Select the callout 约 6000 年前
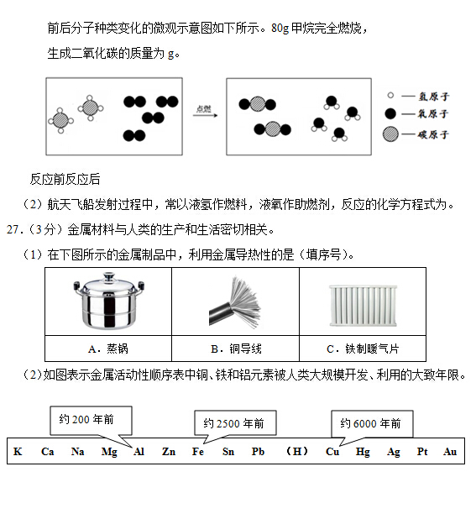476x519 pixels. point(371,423)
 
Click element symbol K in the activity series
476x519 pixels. point(18,452)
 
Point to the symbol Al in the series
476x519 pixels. point(139,452)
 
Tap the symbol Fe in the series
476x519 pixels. point(198,452)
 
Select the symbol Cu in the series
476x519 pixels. point(332,452)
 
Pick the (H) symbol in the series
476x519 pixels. point(296,452)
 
